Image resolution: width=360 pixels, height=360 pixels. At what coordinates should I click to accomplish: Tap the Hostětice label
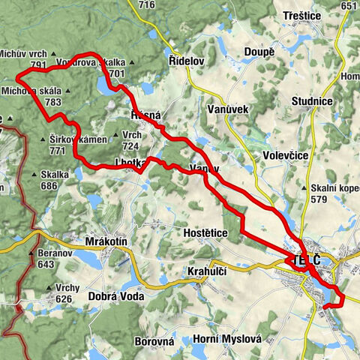point(205,233)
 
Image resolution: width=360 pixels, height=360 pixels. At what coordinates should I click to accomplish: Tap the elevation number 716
point(146,5)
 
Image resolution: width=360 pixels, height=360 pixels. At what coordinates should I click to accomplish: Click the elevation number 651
point(348,5)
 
